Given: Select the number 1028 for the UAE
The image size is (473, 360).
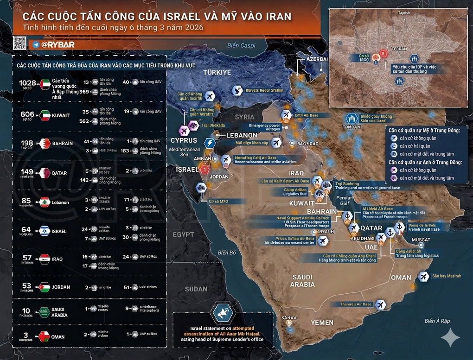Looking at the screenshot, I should point(28,83).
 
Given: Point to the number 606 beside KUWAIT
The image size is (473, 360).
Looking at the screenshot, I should point(27,114).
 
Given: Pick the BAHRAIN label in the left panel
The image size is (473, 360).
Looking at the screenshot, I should point(62,143).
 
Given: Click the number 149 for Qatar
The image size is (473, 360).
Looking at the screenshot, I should point(27,172).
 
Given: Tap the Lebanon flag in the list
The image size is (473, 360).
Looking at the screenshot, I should point(45,202).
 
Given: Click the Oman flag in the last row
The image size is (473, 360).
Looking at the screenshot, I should point(45,336).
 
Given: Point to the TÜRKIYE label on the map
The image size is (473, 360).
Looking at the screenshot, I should point(217,73).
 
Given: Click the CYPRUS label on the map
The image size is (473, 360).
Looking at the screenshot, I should point(184,140).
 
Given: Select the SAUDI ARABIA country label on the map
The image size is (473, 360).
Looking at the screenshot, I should point(303,281).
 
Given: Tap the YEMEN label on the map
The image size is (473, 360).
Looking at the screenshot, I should point(322,322).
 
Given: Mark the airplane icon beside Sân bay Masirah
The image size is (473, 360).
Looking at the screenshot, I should point(423,277).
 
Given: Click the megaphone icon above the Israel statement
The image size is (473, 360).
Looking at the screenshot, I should point(223,314).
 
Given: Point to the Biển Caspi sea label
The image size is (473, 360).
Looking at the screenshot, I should point(241,45).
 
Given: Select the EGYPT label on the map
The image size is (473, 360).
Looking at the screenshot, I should point(183,235).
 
